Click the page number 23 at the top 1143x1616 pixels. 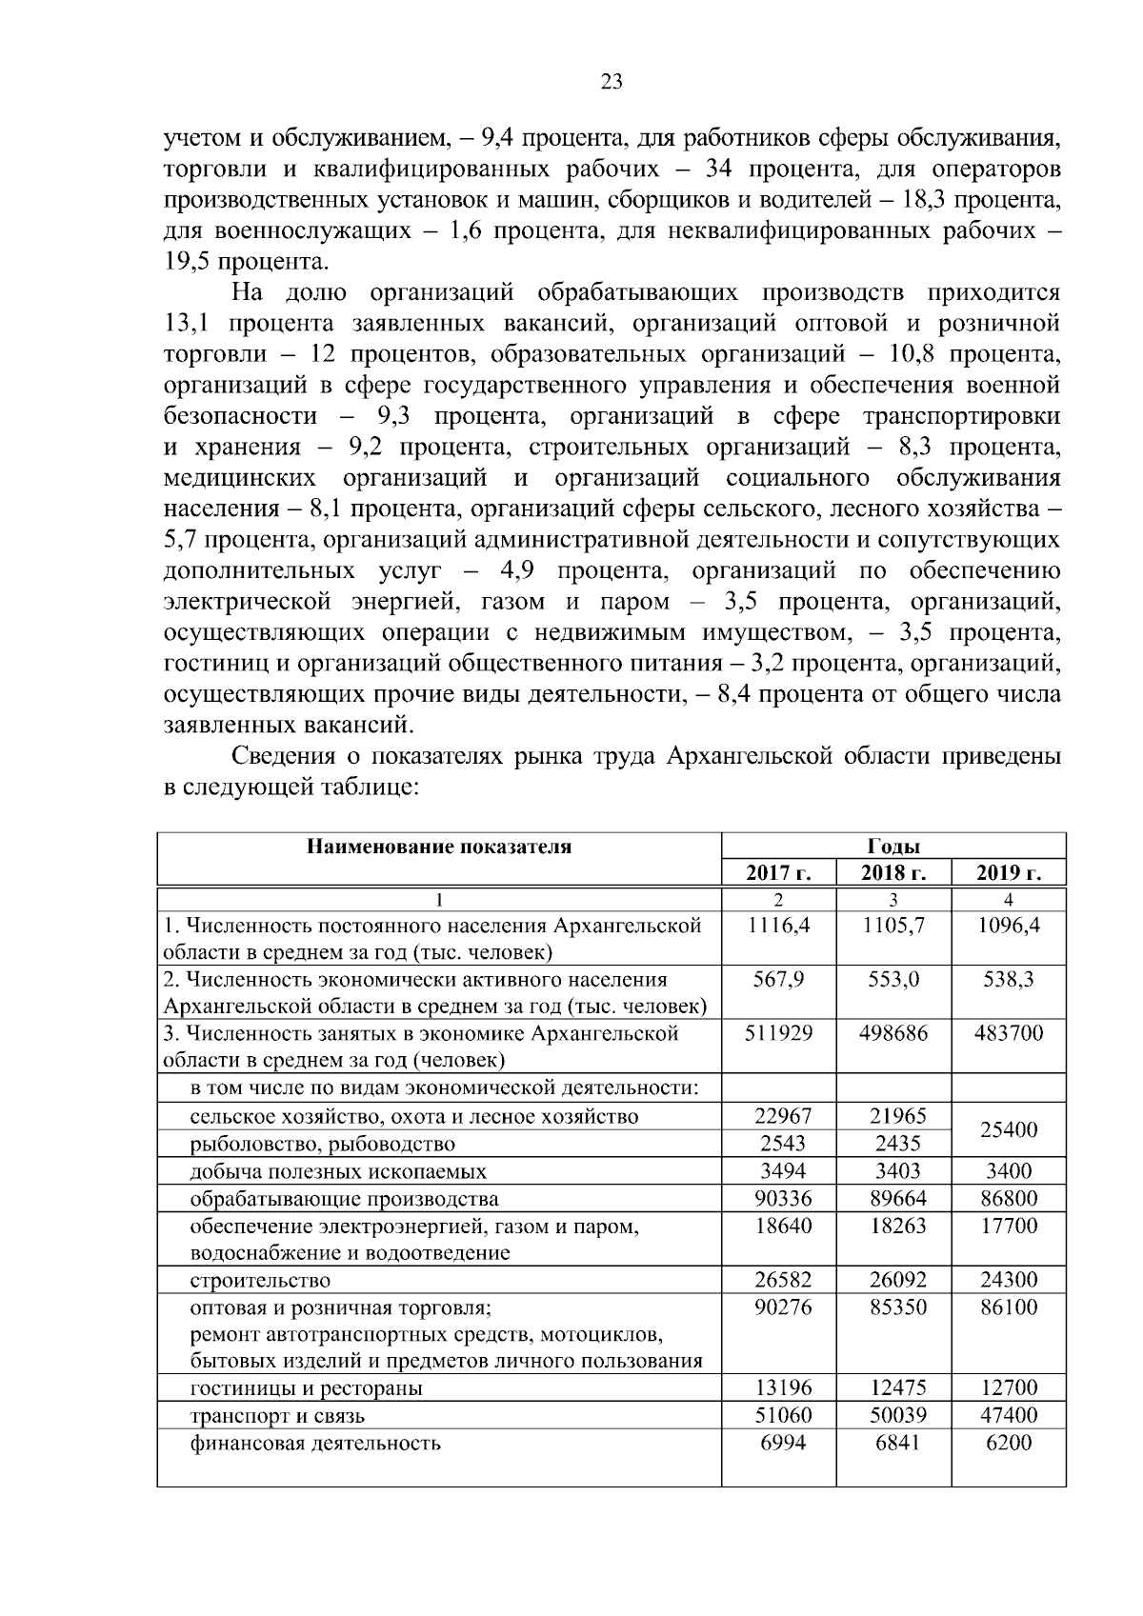point(612,82)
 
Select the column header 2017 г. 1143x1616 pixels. point(778,872)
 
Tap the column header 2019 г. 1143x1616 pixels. point(1008,872)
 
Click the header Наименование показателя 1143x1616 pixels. point(439,846)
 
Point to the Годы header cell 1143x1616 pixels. point(893,846)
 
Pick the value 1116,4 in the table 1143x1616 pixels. point(778,925)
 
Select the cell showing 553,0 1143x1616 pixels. point(893,979)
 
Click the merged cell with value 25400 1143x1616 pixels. point(1009,1129)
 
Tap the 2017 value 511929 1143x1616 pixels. point(778,1033)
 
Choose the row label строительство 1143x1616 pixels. point(260,1280)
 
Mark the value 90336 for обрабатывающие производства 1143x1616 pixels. point(778,1198)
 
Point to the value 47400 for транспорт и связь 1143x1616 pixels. point(1009,1415)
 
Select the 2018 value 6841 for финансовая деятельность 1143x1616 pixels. point(893,1443)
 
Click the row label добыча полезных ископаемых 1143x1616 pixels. point(338,1171)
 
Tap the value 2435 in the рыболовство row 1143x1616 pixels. point(893,1144)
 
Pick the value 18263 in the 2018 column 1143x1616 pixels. point(893,1226)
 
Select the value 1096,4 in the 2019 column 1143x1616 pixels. point(1009,925)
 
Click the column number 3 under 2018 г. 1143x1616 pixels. point(893,899)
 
